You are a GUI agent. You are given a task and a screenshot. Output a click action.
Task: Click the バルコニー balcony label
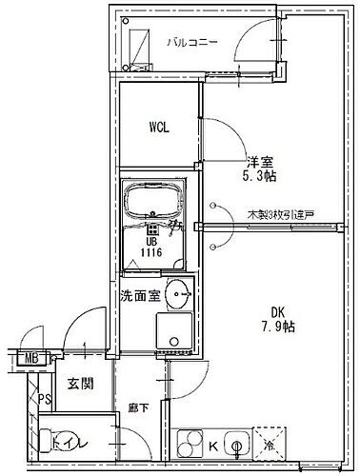pos(194,42)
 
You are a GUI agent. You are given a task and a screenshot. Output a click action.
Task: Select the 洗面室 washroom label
pos(139,295)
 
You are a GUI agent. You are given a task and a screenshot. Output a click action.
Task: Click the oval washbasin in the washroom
pos(178,295)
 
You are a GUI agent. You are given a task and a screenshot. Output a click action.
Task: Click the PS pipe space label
pos(42,400)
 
